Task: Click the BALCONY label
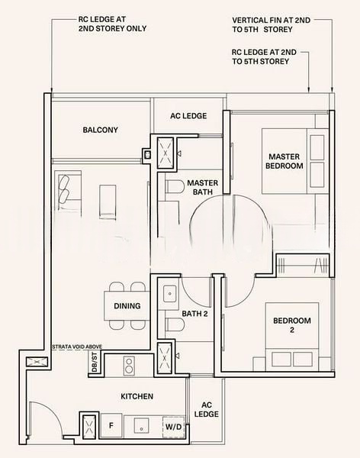pyautogui.click(x=100, y=130)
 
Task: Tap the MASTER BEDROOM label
pyautogui.click(x=284, y=161)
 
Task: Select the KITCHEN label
pyautogui.click(x=137, y=396)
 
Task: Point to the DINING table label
pyautogui.click(x=127, y=306)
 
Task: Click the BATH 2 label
pyautogui.click(x=194, y=314)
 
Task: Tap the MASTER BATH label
pyautogui.click(x=203, y=188)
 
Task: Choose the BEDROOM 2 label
pyautogui.click(x=292, y=325)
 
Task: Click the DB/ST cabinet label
pyautogui.click(x=95, y=362)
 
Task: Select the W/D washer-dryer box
pyautogui.click(x=173, y=427)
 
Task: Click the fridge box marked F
pyautogui.click(x=111, y=425)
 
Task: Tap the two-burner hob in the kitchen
pyautogui.click(x=128, y=366)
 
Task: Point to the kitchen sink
pyautogui.click(x=141, y=425)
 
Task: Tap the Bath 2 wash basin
pyautogui.click(x=169, y=293)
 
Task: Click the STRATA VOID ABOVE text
pyautogui.click(x=77, y=347)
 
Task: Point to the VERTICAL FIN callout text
pyautogui.click(x=272, y=25)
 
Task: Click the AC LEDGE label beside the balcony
pyautogui.click(x=188, y=116)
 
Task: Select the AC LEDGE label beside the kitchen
pyautogui.click(x=207, y=409)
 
